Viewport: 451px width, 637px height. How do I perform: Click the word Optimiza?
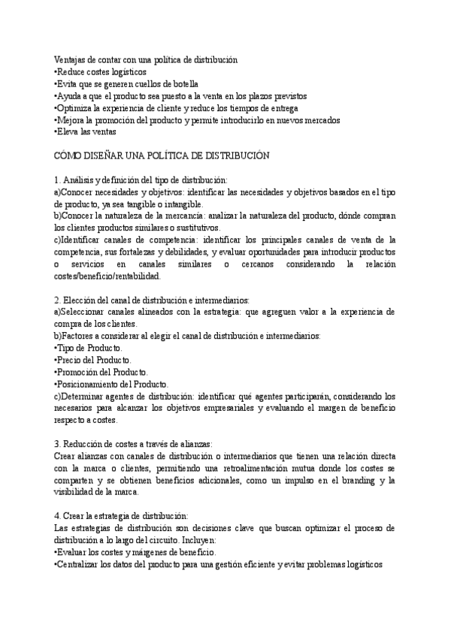(75, 108)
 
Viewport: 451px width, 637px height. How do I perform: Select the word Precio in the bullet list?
(73, 361)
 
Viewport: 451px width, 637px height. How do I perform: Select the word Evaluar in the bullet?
(72, 553)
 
